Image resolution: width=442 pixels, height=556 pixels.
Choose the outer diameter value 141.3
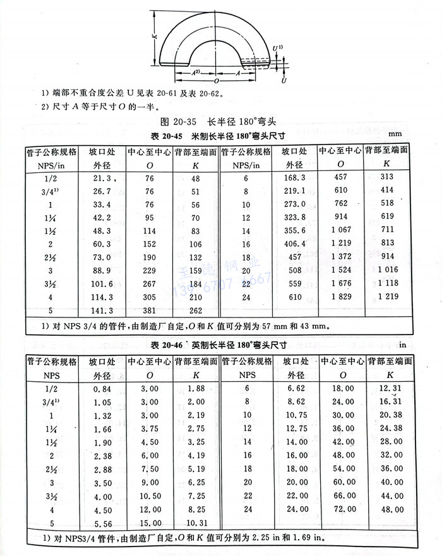[103, 311]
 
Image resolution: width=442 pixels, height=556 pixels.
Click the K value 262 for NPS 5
[196, 311]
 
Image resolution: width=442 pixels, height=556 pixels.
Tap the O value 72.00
[342, 508]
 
